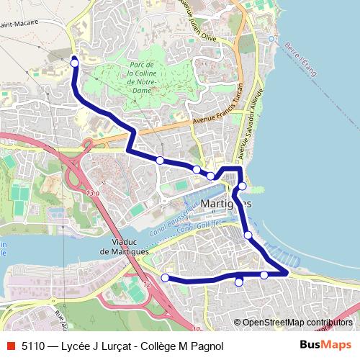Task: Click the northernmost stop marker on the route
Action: (x=74, y=63)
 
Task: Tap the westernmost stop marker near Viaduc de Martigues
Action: (x=165, y=277)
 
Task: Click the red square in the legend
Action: (x=9, y=345)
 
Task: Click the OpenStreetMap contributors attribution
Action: (x=297, y=323)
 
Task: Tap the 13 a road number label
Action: (x=91, y=194)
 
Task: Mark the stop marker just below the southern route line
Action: (x=239, y=282)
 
